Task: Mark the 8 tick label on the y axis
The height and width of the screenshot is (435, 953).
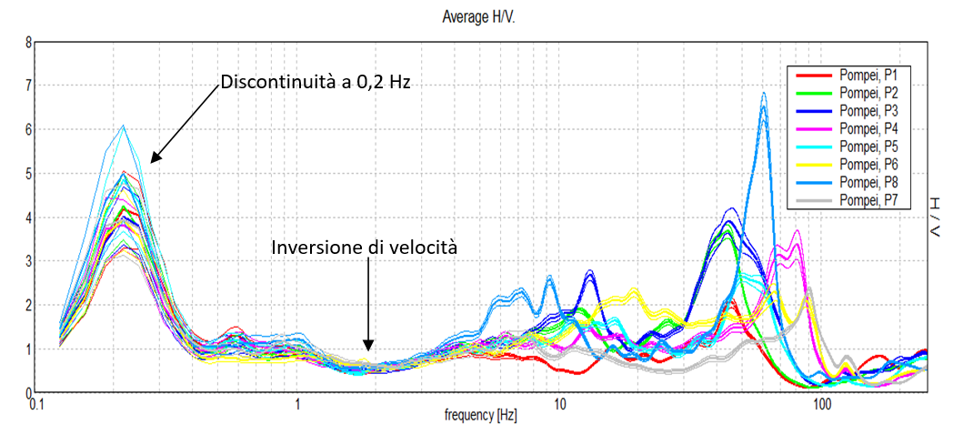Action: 28,43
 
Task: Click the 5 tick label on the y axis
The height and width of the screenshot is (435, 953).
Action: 28,174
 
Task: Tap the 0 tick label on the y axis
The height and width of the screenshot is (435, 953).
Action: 28,392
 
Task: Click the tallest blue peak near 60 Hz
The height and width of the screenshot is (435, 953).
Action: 764,94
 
